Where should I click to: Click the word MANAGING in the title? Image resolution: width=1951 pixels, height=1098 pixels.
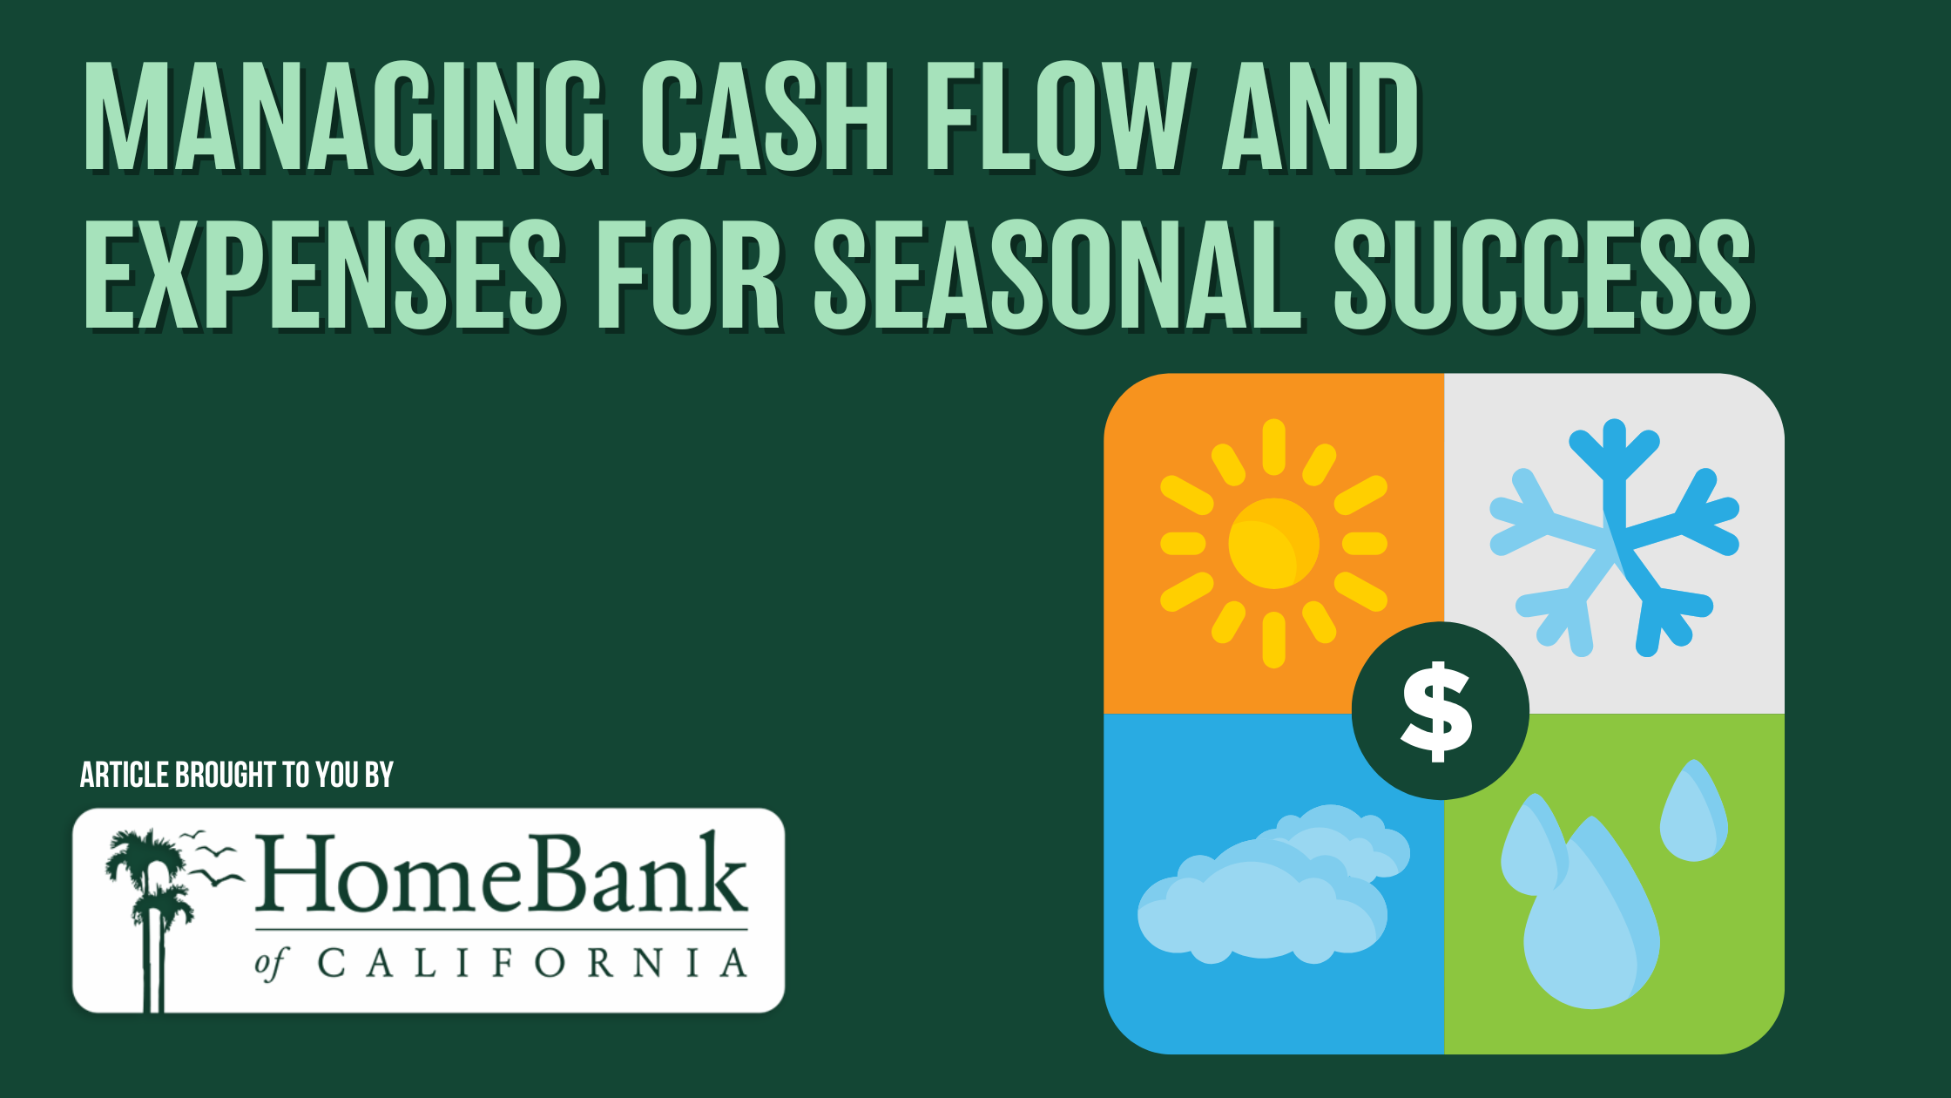click(x=345, y=117)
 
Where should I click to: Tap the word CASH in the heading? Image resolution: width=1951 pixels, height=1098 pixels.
click(x=766, y=117)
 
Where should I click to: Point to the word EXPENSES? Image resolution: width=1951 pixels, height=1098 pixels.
click(x=324, y=275)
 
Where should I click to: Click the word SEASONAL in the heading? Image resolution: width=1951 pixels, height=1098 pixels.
click(x=1058, y=275)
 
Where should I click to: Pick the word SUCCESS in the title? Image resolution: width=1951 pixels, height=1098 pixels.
click(x=1543, y=275)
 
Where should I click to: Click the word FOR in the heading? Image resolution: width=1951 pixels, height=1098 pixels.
click(x=690, y=275)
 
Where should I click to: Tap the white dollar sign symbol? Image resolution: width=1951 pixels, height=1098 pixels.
click(x=1437, y=711)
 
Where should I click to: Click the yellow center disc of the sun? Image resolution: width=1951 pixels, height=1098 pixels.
click(x=1273, y=544)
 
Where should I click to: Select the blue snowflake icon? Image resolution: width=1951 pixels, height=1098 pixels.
click(x=1614, y=538)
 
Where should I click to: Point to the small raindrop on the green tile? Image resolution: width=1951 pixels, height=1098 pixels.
click(x=1693, y=810)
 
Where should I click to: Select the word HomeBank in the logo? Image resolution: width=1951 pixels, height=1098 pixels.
click(x=501, y=874)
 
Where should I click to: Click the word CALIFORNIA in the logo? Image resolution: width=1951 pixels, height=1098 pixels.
click(x=532, y=964)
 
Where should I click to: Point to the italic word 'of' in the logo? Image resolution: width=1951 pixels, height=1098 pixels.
click(x=271, y=964)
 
